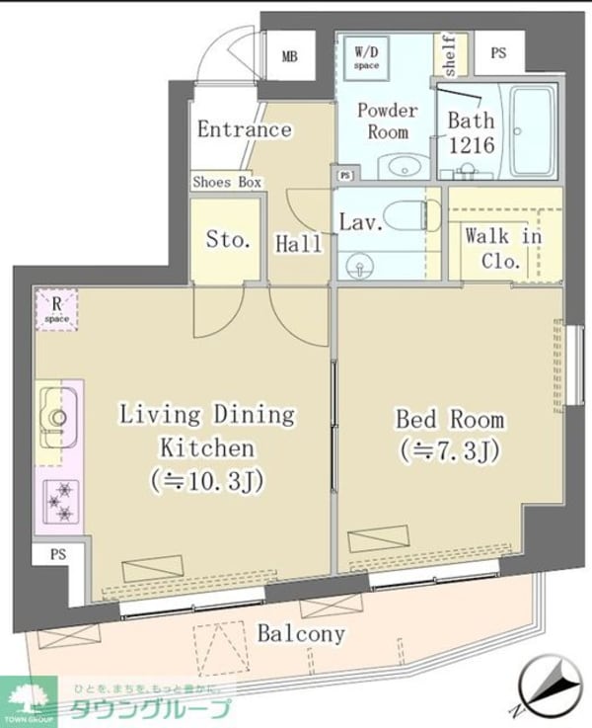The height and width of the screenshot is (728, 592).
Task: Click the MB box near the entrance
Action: point(289,55)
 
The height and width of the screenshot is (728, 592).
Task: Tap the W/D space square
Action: point(365,57)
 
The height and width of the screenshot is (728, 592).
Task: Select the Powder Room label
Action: point(387,121)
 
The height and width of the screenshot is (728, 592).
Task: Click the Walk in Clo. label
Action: point(503,248)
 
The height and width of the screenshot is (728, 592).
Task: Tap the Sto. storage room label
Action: point(228,239)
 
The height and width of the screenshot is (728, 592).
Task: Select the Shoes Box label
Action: point(227,182)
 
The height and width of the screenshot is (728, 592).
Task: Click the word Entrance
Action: point(244,129)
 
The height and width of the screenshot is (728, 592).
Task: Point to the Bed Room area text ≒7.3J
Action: point(449,451)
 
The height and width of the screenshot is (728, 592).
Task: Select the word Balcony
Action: point(301,633)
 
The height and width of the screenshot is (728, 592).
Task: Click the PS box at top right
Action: point(496,55)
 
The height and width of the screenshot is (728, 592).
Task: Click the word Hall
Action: point(299,243)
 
